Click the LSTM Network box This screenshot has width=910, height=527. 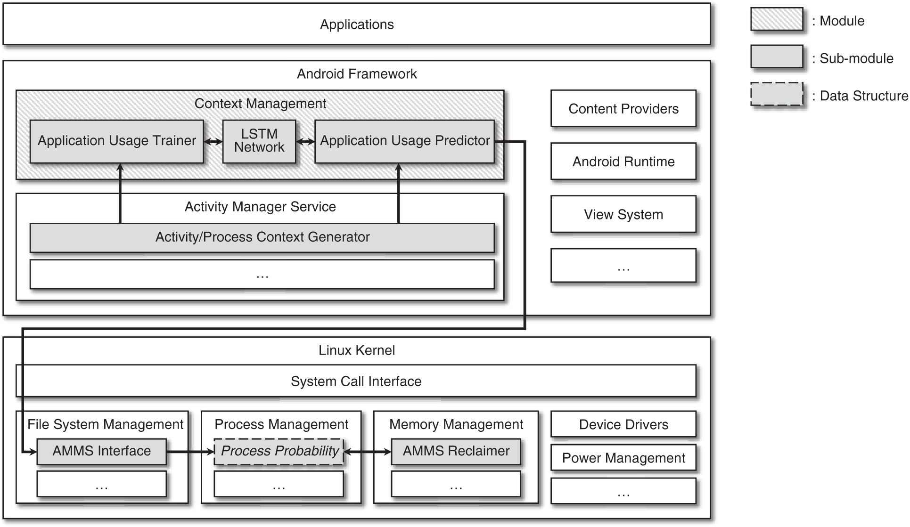coord(259,141)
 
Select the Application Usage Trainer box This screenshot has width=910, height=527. coord(116,141)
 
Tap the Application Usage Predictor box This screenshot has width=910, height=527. coord(404,141)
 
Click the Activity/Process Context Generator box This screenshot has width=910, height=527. coord(262,237)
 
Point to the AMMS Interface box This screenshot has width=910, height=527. coord(101,451)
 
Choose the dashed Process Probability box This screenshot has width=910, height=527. coord(279,451)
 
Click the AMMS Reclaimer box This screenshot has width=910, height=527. coord(456,451)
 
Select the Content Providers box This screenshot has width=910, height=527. coord(623,109)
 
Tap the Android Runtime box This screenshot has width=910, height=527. coord(623,162)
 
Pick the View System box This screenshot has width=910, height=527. coord(623,215)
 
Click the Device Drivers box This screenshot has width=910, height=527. coord(623,424)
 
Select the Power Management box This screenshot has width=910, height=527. coord(623,458)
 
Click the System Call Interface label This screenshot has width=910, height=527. coord(356,381)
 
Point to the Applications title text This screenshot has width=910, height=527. coord(357,24)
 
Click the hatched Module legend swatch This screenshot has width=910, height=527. coord(777,20)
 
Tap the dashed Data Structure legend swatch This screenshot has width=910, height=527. coord(777,94)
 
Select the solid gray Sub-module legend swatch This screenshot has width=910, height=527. coord(777,57)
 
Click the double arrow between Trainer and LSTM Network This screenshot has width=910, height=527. coord(213,141)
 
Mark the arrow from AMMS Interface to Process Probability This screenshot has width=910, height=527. coord(190,452)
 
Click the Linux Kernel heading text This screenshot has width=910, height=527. coord(357,350)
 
